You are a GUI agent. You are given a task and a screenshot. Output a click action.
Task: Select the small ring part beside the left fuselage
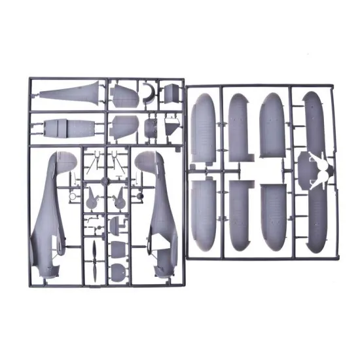(73, 177)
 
